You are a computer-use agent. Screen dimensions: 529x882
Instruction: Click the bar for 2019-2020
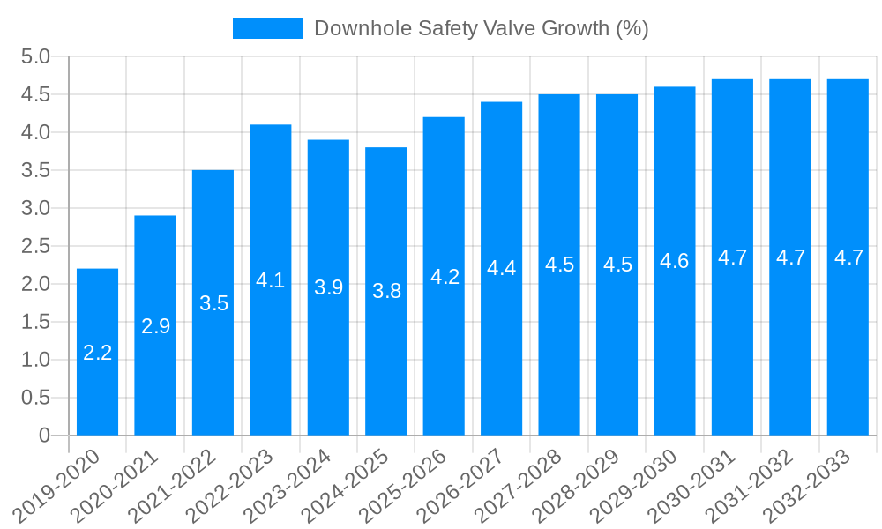97,352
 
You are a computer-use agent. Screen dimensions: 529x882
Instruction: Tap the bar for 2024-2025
385,291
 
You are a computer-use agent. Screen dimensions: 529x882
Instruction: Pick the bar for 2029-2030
674,261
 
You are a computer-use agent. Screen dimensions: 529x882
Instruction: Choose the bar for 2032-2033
848,257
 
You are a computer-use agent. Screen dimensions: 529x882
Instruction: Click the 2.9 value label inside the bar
155,326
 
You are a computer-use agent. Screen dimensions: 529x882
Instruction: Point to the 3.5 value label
213,303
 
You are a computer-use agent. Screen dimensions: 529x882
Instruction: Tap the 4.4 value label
501,269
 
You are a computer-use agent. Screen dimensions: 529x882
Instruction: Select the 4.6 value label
674,261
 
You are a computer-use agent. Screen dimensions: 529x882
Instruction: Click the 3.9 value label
328,287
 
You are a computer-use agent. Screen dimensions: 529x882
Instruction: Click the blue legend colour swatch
267,28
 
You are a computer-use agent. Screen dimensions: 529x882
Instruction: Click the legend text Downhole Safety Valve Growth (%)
481,28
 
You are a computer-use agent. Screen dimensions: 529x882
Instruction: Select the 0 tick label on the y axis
44,436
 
